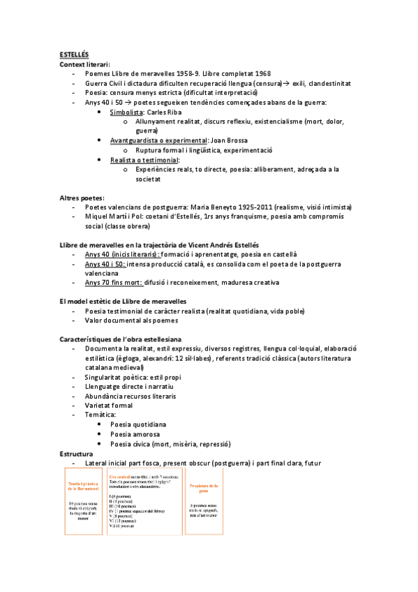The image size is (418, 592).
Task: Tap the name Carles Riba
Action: [x=165, y=112]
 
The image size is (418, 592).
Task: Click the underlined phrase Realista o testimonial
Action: [x=144, y=160]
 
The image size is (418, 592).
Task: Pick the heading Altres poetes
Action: [x=81, y=198]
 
